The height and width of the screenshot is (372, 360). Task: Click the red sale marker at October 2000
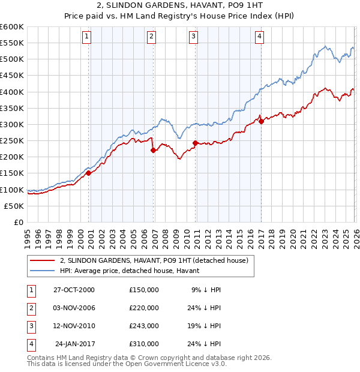click(x=89, y=173)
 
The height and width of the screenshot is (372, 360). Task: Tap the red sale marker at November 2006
click(x=153, y=150)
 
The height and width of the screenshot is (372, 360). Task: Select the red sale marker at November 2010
click(x=196, y=143)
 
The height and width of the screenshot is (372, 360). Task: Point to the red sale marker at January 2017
click(x=261, y=121)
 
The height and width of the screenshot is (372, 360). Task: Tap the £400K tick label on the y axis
click(x=12, y=92)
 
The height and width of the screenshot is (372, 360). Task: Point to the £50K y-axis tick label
click(x=14, y=206)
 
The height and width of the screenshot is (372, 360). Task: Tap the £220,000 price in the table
click(x=144, y=308)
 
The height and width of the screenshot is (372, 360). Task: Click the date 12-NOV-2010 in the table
click(x=74, y=326)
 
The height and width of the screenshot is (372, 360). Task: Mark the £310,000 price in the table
click(x=144, y=344)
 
